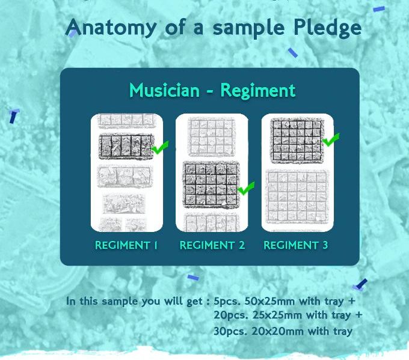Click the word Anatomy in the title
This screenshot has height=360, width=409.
pos(111,28)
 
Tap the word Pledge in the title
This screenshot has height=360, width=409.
pos(327,28)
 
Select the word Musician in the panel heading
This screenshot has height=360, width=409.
pos(165,91)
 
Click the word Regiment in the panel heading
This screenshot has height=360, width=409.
pos(258,91)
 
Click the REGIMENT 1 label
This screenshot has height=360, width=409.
pos(126,245)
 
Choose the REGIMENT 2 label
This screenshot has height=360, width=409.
pos(212,245)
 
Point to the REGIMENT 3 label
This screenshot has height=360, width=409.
pos(296,245)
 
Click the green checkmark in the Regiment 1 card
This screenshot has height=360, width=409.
pos(159,147)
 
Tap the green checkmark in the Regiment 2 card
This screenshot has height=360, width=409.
pos(246,188)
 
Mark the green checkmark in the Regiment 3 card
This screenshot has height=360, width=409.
pos(331,139)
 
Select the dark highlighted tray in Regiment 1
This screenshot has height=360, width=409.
pos(126,146)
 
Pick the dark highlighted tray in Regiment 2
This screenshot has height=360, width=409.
pos(211,185)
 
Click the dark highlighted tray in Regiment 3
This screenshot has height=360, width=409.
pos(297,141)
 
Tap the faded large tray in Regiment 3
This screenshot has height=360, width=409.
pos(297,197)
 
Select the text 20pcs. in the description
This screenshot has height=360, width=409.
pos(230,316)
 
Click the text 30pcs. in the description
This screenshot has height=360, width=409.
pos(230,332)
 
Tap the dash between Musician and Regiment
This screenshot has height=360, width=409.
pos(211,92)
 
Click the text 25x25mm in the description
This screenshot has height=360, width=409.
pos(278,316)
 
